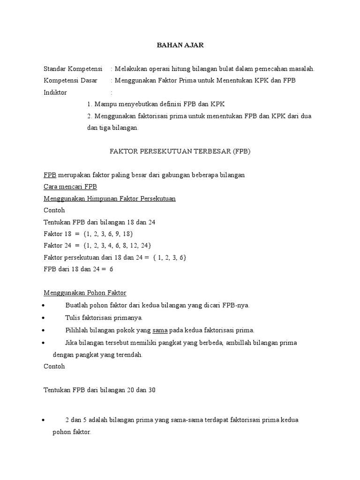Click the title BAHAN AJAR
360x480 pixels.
pos(180,45)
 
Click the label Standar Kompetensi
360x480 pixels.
pos(73,69)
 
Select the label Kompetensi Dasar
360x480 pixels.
pos(70,81)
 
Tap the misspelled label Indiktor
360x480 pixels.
pos(55,92)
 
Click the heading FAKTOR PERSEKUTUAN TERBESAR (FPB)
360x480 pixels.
pos(180,151)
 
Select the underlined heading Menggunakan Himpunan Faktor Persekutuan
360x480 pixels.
pos(109,199)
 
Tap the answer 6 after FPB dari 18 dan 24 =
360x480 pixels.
pos(111,269)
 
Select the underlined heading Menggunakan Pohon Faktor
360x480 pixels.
pos(85,293)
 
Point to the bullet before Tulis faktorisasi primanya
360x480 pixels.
pos(43,318)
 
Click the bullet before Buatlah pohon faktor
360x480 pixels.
pos(43,306)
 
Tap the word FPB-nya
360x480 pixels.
pos(236,305)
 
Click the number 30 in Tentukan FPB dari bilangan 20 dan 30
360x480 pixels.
pos(150,390)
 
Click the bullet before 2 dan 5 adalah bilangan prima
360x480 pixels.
pos(43,420)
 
